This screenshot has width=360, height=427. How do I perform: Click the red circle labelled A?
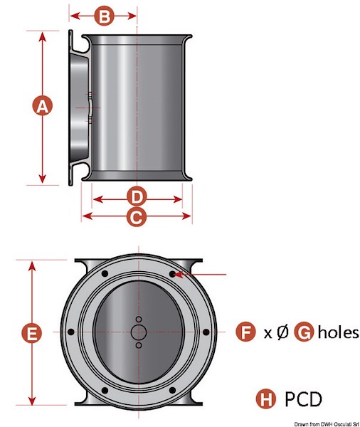tap(42, 105)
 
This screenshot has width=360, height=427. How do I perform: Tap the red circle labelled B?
tap(104, 16)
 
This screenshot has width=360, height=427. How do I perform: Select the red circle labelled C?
tap(137, 216)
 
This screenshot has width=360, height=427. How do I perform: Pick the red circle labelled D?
tap(137, 196)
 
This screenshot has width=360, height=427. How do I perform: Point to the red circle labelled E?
tap(32, 332)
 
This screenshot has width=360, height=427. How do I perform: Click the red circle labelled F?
tap(245, 331)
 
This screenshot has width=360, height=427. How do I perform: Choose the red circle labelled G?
tap(305, 331)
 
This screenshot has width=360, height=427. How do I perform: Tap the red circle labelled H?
tap(266, 399)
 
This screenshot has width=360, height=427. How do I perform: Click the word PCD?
tap(303, 399)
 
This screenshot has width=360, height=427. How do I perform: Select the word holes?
tap(338, 332)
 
